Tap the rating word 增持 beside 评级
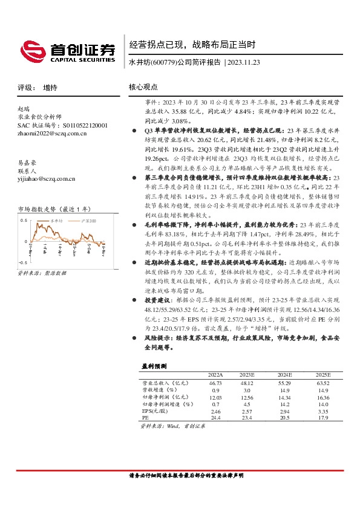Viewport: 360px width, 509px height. click(50, 88)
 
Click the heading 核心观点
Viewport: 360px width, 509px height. click(143, 87)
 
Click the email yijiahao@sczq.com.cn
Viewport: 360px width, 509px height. click(47, 178)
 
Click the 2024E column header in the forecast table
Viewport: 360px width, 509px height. click(284, 375)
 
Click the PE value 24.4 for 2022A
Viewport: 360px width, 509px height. click(215, 417)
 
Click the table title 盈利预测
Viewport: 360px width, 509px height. click(151, 366)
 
